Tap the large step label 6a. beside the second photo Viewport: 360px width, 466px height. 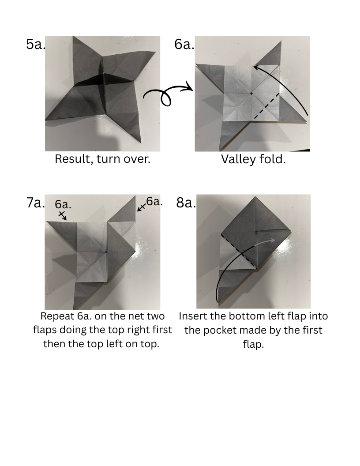tap(184, 44)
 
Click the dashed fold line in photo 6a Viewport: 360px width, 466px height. tap(266, 106)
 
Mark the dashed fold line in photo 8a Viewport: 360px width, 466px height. tap(239, 252)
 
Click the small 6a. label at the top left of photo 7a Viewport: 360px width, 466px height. tap(63, 204)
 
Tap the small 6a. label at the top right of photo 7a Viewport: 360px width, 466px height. tap(154, 202)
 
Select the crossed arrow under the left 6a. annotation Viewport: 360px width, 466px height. tap(62, 215)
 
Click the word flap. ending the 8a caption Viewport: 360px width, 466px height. tap(253, 345)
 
